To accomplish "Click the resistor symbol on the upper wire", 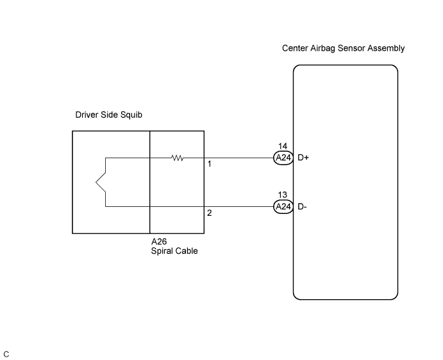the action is click(178, 158).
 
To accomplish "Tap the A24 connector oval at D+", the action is click(283, 158).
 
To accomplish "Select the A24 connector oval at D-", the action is click(283, 207).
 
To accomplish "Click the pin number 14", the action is click(283, 146).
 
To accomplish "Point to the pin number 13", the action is click(283, 195).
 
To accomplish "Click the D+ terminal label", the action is click(303, 158).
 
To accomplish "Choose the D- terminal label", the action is click(302, 207).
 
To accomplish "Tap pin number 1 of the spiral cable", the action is click(210, 164).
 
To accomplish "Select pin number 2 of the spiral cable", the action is click(210, 213).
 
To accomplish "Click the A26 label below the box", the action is click(159, 241).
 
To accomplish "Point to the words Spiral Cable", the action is click(174, 250).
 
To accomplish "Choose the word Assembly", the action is click(386, 49).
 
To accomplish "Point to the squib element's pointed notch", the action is click(96, 183).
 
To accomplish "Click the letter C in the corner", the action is click(6, 354).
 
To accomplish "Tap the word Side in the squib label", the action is click(110, 115).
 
